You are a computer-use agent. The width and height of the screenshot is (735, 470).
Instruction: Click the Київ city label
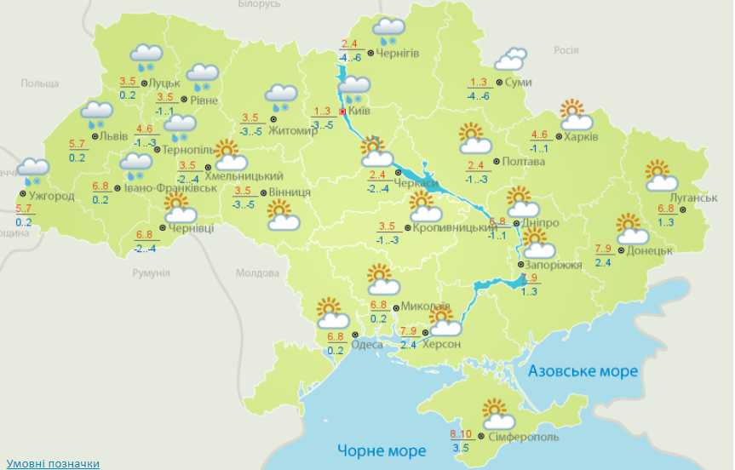tap(360, 112)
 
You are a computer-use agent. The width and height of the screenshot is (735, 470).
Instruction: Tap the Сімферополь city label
tap(524, 437)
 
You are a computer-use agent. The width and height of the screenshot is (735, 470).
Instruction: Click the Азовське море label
tap(583, 372)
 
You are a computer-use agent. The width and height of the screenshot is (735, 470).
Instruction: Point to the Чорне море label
tap(381, 450)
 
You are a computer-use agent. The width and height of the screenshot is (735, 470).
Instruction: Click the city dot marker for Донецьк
tap(622, 250)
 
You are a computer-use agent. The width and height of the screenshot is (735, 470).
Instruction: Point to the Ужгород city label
tap(51, 196)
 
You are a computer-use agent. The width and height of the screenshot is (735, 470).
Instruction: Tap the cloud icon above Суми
tap(510, 59)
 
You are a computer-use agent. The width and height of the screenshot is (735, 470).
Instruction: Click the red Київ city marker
tap(342, 112)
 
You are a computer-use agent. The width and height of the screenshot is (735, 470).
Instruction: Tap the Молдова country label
tap(257, 273)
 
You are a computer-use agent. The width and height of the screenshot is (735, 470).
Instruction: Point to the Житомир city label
tap(292, 130)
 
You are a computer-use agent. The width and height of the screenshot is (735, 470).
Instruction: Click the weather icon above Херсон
tap(444, 322)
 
